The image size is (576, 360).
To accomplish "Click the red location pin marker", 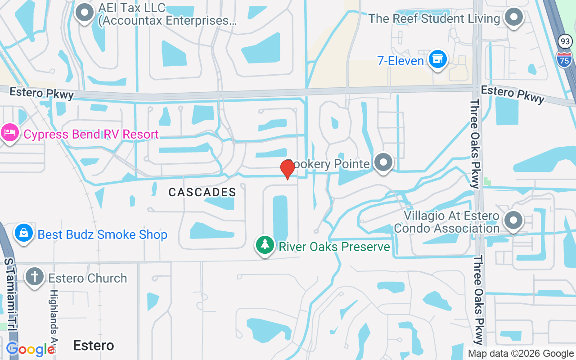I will (287, 169).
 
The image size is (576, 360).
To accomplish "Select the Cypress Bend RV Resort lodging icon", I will (9, 133).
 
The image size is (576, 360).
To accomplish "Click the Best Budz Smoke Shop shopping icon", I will (23, 233).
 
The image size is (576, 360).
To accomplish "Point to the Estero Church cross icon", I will (35, 276).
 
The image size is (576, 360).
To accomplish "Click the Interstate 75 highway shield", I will (564, 59).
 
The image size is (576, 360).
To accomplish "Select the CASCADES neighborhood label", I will (202, 192).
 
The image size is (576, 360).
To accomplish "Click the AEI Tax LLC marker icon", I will (84, 13).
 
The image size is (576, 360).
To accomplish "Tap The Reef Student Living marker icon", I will (514, 18).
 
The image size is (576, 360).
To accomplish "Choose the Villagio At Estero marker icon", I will (513, 221).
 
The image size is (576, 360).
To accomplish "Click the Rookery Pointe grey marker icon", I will (383, 162).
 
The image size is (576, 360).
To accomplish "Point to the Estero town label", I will (94, 345).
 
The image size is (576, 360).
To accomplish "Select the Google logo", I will (30, 349).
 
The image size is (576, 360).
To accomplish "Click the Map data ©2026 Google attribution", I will (521, 354).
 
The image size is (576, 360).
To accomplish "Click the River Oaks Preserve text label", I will (334, 247).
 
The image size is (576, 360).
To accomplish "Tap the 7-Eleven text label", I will (400, 61).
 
